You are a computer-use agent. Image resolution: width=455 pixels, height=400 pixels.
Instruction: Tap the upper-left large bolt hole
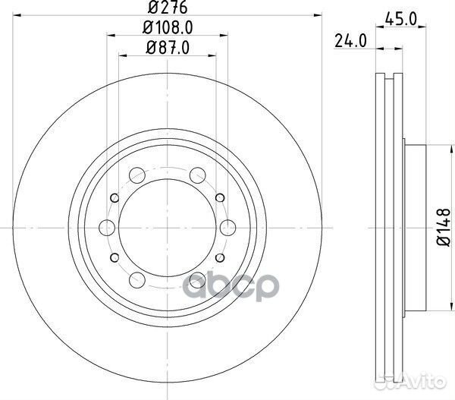click(x=137, y=174)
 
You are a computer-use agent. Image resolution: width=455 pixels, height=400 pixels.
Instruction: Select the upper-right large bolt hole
click(x=198, y=174)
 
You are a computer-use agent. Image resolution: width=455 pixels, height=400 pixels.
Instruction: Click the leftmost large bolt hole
click(x=107, y=225)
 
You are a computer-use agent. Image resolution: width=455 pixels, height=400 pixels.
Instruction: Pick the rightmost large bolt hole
click(x=228, y=225)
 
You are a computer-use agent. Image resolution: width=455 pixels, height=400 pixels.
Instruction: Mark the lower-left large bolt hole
click(x=137, y=278)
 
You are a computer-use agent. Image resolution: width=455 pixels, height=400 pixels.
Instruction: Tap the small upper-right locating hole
click(x=219, y=198)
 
